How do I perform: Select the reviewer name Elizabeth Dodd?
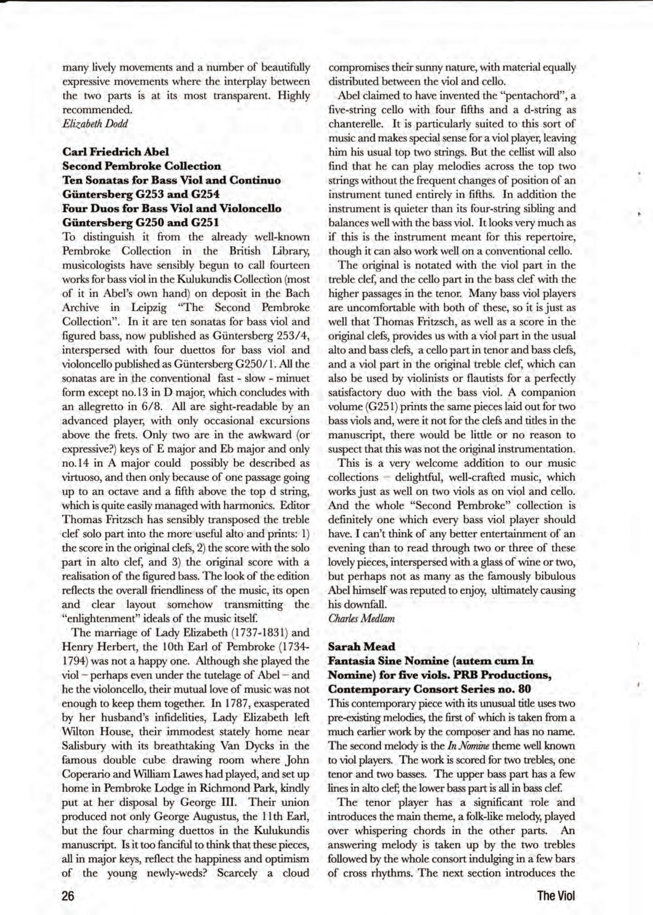(x=95, y=123)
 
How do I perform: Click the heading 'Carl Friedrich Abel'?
(x=116, y=152)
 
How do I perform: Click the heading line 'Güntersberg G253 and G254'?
(x=141, y=194)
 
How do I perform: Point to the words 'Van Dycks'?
(x=246, y=746)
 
